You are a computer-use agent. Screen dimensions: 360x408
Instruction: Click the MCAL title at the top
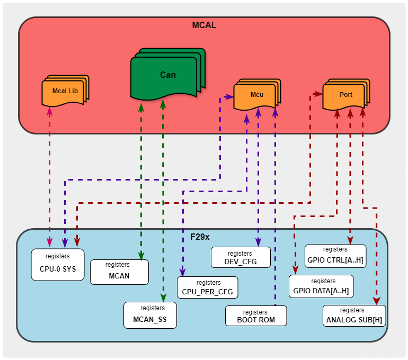click(x=204, y=25)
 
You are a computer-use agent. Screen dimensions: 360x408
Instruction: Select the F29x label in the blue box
click(x=201, y=237)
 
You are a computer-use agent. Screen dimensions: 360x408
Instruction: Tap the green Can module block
click(x=167, y=75)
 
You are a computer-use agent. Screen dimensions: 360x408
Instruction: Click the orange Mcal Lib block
click(x=65, y=91)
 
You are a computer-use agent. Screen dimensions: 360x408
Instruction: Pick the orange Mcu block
click(x=256, y=95)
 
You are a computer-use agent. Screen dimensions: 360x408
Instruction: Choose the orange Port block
click(x=345, y=95)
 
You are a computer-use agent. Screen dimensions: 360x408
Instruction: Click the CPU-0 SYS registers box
click(x=58, y=264)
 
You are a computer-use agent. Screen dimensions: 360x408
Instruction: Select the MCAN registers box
click(x=119, y=271)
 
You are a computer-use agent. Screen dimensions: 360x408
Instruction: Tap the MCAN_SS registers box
click(x=150, y=314)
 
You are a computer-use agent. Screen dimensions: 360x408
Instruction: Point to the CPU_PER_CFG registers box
click(x=207, y=287)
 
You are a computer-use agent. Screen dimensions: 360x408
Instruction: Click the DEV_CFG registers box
click(x=241, y=257)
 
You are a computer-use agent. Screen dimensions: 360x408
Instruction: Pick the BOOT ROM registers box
click(x=256, y=316)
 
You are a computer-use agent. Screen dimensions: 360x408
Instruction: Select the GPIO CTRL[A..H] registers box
click(x=335, y=255)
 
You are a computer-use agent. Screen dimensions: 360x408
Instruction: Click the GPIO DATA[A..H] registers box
click(x=321, y=286)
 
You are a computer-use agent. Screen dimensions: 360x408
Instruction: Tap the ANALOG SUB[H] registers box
click(x=353, y=316)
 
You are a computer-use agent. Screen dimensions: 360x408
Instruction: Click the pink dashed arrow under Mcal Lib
click(x=50, y=175)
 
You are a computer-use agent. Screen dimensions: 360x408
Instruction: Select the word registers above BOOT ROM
click(x=255, y=312)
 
